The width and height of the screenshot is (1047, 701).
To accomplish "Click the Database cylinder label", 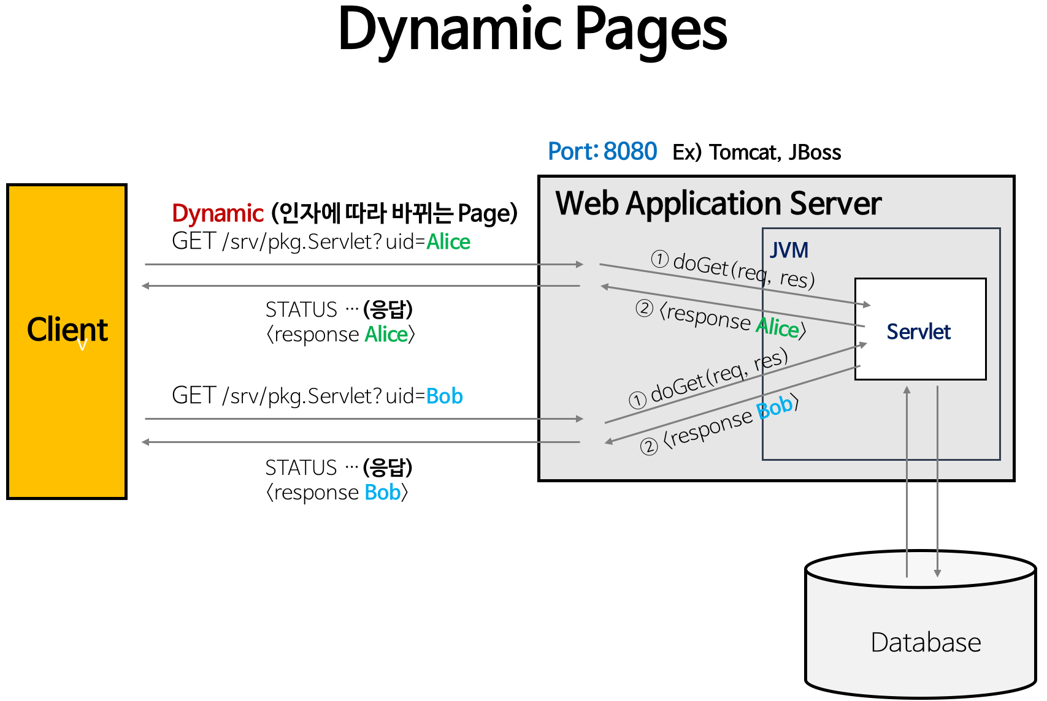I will tap(926, 642).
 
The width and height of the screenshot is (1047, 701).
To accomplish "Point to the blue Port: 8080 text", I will tap(602, 151).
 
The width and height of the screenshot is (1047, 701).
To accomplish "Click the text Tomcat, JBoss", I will tap(775, 152).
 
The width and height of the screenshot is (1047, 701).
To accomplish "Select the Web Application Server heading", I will tap(718, 203).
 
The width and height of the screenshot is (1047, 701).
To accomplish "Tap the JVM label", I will tap(789, 250).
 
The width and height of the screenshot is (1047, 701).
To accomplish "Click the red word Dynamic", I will tap(218, 213).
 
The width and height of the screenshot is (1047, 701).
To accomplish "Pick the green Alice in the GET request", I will tap(448, 242).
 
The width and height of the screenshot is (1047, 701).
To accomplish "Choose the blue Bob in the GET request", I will tap(444, 396).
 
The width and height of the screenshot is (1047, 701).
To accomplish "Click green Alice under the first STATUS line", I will tap(386, 335).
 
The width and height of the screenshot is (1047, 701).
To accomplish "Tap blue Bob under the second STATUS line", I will tap(382, 493).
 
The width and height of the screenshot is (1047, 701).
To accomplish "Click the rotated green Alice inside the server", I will tap(778, 327).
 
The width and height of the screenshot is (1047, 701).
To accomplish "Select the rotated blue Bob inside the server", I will tap(775, 407).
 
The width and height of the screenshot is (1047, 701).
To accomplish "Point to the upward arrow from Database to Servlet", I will tap(907, 478).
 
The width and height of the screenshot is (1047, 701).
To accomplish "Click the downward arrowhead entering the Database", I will tap(937, 573).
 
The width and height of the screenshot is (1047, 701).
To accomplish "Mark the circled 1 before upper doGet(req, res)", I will tap(659, 259).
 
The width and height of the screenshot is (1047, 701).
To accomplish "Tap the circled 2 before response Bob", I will tap(649, 447).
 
